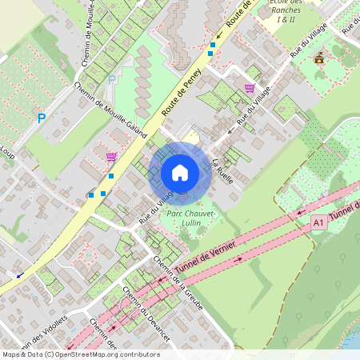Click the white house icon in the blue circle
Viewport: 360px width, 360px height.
point(180,172)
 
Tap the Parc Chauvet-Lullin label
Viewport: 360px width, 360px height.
point(184,219)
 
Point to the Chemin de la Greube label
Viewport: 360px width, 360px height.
point(178,284)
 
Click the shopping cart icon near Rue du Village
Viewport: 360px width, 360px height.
point(250,88)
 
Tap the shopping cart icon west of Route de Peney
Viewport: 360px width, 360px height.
point(110,157)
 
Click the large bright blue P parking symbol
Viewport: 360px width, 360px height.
point(41,118)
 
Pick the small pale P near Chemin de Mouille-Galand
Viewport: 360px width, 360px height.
point(112,79)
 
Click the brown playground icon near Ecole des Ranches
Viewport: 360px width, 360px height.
point(319,58)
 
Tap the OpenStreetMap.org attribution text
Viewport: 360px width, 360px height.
point(80,354)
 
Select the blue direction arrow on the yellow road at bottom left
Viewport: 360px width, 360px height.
point(19,274)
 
